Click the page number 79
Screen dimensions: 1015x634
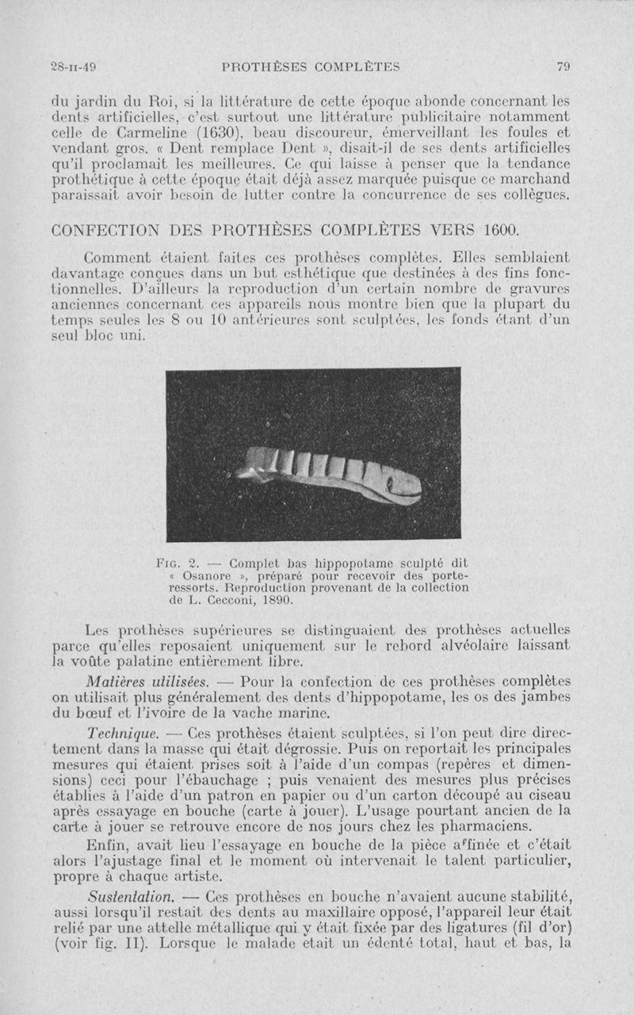[x=563, y=67]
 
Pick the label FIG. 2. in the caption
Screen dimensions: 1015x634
[x=180, y=563]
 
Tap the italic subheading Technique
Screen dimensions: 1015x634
[x=120, y=735]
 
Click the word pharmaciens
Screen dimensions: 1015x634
[x=472, y=826]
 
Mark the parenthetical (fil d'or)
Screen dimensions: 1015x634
[x=530, y=928]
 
